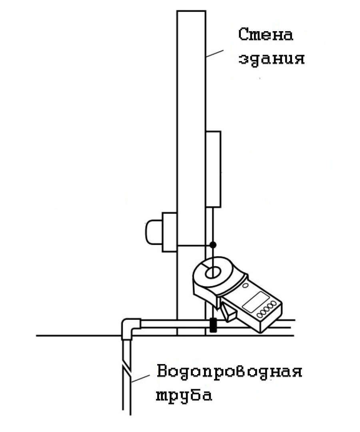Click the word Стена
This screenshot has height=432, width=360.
(265, 34)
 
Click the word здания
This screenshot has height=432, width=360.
(272, 59)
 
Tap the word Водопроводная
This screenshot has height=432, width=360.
(230, 372)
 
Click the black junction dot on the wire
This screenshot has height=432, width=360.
(213, 245)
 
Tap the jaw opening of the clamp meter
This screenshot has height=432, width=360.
(212, 273)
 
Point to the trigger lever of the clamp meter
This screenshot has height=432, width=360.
(228, 312)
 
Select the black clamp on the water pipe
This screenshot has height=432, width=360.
(213, 325)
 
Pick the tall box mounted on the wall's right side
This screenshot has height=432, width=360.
(213, 169)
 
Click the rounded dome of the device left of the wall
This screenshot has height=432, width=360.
(154, 232)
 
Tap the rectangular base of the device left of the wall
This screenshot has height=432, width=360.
(169, 232)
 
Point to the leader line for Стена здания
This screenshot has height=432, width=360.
(214, 54)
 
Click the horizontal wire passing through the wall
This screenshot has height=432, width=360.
(195, 245)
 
